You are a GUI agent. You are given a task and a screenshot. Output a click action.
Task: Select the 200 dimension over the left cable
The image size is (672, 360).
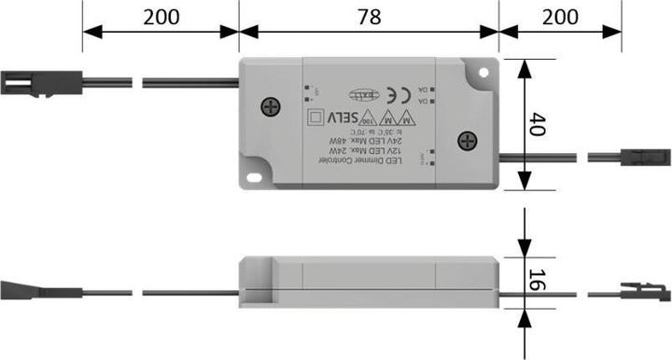coord(161,16)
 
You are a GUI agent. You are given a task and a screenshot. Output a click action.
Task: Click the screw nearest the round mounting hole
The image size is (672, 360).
coord(467,141)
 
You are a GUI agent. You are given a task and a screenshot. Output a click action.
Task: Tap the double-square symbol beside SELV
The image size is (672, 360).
coord(315,117)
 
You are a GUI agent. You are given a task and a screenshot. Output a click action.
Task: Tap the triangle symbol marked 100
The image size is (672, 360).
coord(369,119)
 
